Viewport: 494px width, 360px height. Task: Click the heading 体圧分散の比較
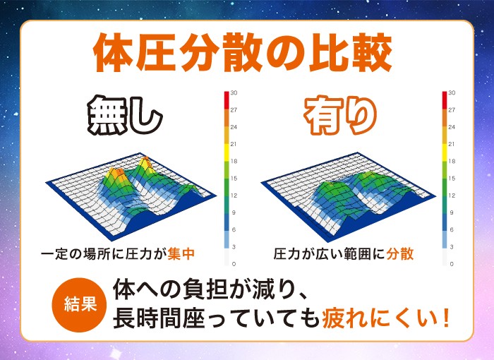click(x=242, y=53)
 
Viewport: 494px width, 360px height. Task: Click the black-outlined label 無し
click(x=125, y=115)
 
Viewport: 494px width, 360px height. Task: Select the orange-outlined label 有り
click(x=341, y=115)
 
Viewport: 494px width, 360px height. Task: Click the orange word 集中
click(x=181, y=254)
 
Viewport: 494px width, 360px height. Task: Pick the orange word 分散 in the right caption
click(x=400, y=254)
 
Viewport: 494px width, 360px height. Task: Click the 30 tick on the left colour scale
click(x=234, y=93)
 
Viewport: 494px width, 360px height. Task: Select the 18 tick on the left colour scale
click(x=234, y=162)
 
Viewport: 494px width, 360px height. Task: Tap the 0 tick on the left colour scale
click(x=234, y=264)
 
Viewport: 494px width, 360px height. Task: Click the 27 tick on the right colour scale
click(x=452, y=110)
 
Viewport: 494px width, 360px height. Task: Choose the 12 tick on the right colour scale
click(x=452, y=196)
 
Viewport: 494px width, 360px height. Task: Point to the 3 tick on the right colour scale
click(x=452, y=247)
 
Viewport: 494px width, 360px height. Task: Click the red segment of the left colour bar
click(x=227, y=100)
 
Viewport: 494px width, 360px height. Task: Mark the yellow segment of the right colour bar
click(x=445, y=152)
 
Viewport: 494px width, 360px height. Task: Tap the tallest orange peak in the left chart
click(x=145, y=160)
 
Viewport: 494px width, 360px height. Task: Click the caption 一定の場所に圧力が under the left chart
click(x=104, y=254)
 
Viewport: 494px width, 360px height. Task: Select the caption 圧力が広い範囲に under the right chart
click(x=330, y=254)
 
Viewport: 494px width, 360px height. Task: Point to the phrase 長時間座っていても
click(x=217, y=318)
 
